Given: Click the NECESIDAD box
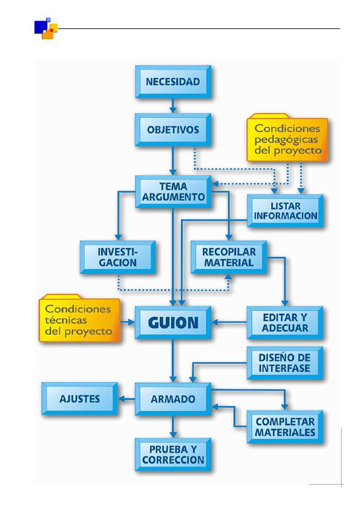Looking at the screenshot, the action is pyautogui.click(x=173, y=82).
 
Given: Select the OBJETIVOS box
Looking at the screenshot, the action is pyautogui.click(x=173, y=130).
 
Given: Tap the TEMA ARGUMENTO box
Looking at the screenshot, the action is pyautogui.click(x=173, y=192).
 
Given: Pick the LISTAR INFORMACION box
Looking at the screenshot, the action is pyautogui.click(x=285, y=211).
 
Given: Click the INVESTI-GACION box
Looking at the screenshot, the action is pyautogui.click(x=117, y=257).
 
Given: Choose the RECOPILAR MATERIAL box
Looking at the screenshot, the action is pyautogui.click(x=229, y=257).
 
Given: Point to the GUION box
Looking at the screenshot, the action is pyautogui.click(x=173, y=323).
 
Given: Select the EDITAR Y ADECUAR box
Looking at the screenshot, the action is pyautogui.click(x=285, y=323).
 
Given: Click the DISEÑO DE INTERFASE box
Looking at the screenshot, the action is pyautogui.click(x=285, y=363).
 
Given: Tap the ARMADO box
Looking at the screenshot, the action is pyautogui.click(x=173, y=399).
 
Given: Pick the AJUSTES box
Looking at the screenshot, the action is pyautogui.click(x=80, y=398).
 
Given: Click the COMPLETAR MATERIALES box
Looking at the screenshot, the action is pyautogui.click(x=285, y=427).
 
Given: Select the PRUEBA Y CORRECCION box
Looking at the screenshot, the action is pyautogui.click(x=173, y=455).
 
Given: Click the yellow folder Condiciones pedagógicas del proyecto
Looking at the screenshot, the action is pyautogui.click(x=287, y=138).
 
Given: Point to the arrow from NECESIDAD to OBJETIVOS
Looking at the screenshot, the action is pyautogui.click(x=173, y=106).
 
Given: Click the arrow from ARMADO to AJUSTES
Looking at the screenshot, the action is pyautogui.click(x=126, y=398).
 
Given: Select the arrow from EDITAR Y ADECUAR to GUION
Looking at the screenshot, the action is pyautogui.click(x=229, y=322).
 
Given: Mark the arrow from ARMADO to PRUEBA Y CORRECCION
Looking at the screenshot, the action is pyautogui.click(x=173, y=427).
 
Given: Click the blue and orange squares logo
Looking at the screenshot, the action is pyautogui.click(x=46, y=28).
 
